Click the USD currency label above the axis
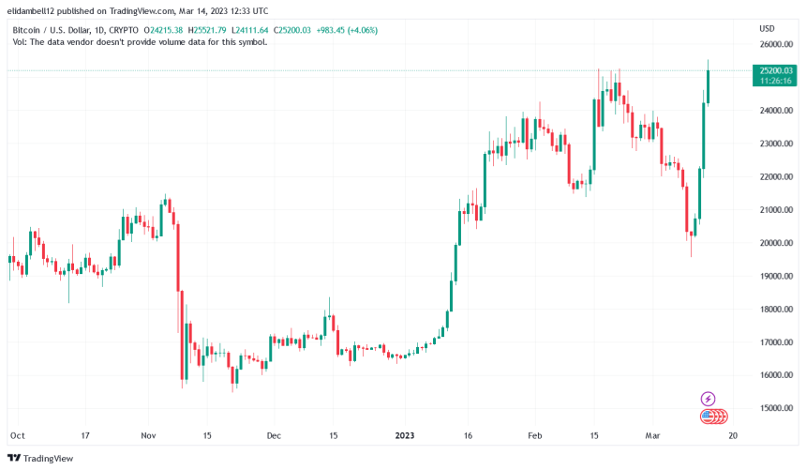[766, 28]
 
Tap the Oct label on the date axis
[16, 436]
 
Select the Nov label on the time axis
[149, 436]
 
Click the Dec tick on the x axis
[274, 436]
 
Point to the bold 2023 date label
[406, 436]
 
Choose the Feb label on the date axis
[535, 436]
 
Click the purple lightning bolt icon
[709, 399]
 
